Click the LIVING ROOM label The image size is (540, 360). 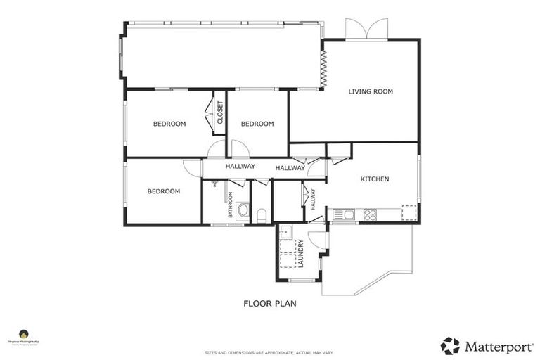(x=371, y=91)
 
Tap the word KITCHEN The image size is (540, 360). (x=374, y=179)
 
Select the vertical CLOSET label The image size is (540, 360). (x=220, y=112)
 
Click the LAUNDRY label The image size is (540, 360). (x=300, y=254)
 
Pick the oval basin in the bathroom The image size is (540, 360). (x=243, y=210)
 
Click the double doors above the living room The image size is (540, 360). (x=366, y=30)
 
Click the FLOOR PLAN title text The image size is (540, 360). (x=270, y=304)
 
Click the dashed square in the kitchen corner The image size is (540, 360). (x=409, y=212)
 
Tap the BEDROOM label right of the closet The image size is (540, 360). (x=257, y=124)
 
